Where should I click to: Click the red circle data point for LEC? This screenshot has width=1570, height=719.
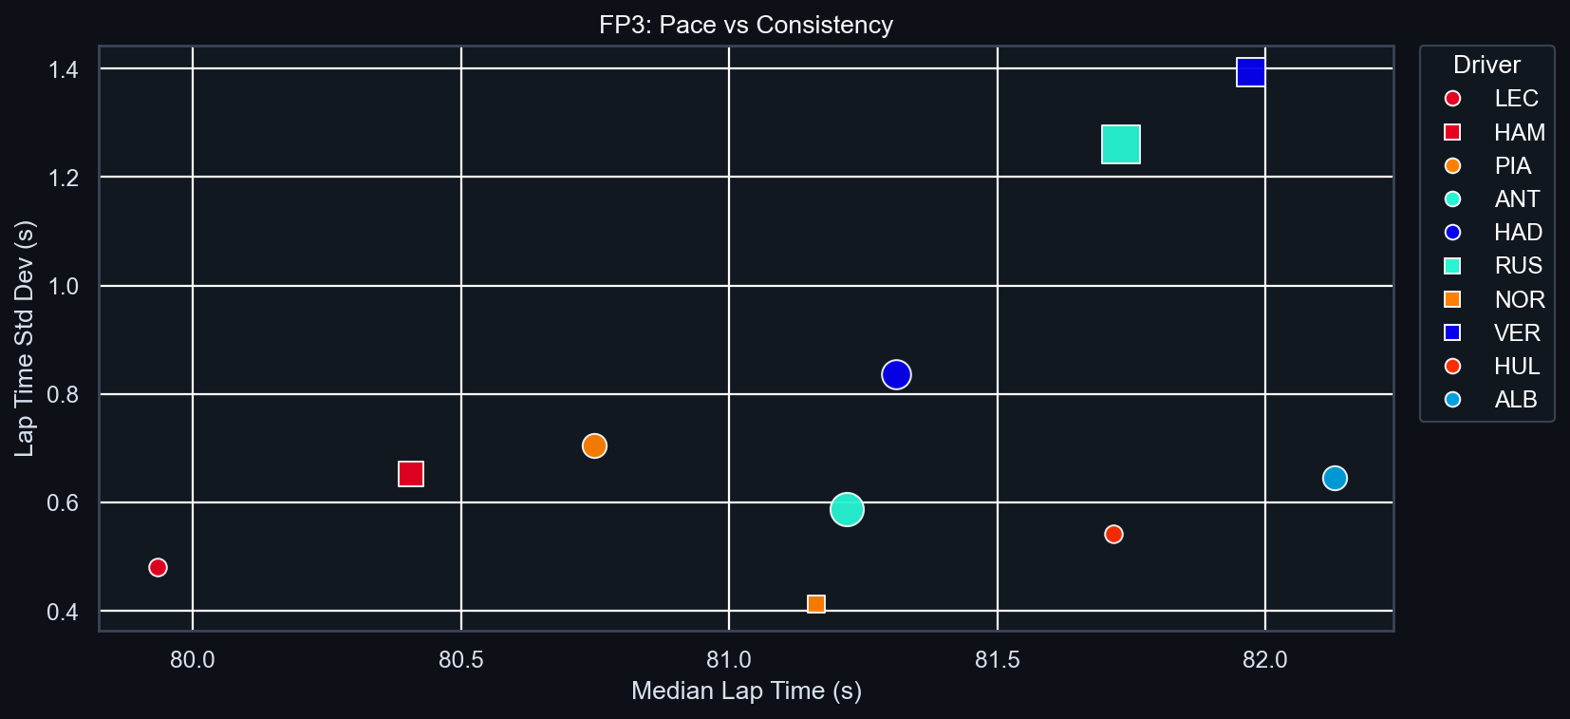[x=158, y=567]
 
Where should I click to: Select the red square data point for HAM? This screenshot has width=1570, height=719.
[x=410, y=474]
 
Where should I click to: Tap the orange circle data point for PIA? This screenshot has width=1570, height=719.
[x=594, y=445]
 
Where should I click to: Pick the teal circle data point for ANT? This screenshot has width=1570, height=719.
[x=847, y=509]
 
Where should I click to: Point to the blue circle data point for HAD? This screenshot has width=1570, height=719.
[x=896, y=374]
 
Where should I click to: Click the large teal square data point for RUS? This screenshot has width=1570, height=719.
[x=1120, y=144]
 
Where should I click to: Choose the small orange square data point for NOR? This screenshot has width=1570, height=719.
[x=815, y=604]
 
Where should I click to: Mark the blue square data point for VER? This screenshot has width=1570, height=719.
[x=1250, y=72]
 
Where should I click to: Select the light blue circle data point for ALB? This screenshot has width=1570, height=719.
[x=1335, y=478]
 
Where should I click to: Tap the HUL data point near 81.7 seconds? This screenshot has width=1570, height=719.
[x=1113, y=534]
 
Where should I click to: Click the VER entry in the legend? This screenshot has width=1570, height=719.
[x=1516, y=332]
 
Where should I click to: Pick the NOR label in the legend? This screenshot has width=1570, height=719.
[x=1519, y=299]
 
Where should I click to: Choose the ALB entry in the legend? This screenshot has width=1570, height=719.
[x=1515, y=400]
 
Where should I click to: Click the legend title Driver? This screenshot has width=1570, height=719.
[x=1486, y=65]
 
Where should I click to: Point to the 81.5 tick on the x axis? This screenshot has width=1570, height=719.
[x=997, y=659]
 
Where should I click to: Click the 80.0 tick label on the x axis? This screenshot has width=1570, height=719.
[x=192, y=659]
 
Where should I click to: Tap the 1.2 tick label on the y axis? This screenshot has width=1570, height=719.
[x=63, y=178]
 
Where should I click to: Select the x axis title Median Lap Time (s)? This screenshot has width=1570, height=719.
[x=746, y=691]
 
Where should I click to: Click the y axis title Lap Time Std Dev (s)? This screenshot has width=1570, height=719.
[x=25, y=338]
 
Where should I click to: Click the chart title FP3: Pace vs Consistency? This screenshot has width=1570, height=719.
[x=746, y=25]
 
